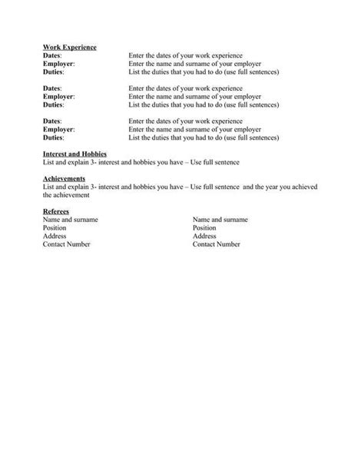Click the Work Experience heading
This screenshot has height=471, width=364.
70,48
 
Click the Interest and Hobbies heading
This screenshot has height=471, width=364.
74,154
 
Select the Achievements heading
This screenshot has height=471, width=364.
64,178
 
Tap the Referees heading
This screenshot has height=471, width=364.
56,211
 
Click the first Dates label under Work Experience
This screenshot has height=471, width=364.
52,56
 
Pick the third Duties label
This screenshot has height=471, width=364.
54,138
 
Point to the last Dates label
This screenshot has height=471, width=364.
52,121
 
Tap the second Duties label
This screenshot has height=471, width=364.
54,104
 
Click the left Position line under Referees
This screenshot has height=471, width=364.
55,227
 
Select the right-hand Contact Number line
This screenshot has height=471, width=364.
217,244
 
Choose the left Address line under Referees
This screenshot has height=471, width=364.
55,236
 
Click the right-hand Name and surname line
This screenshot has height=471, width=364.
220,219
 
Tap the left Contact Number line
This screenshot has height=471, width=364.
67,244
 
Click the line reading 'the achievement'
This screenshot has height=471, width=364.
67,195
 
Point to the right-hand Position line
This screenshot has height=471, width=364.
204,227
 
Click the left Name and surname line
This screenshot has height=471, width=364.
70,219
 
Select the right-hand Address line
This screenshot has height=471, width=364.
204,236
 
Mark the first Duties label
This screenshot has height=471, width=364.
54,72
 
